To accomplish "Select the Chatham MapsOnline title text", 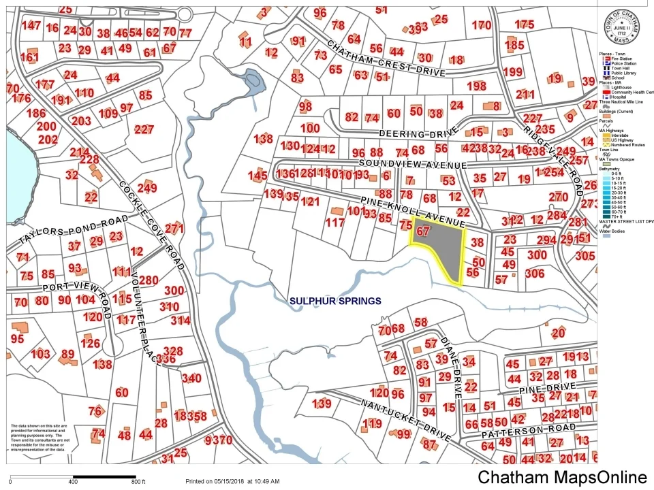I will (x=561, y=478).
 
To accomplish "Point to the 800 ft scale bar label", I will (x=139, y=482).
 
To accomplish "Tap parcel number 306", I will (x=535, y=273).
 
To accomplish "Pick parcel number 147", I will (x=31, y=26).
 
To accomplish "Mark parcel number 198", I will (x=476, y=86).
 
